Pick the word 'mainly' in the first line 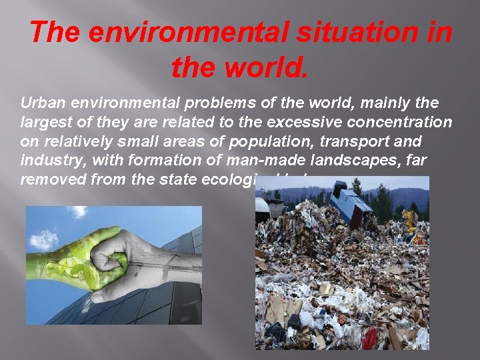(x=380, y=104)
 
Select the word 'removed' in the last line (x=47, y=179)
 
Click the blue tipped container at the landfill (x=351, y=203)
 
